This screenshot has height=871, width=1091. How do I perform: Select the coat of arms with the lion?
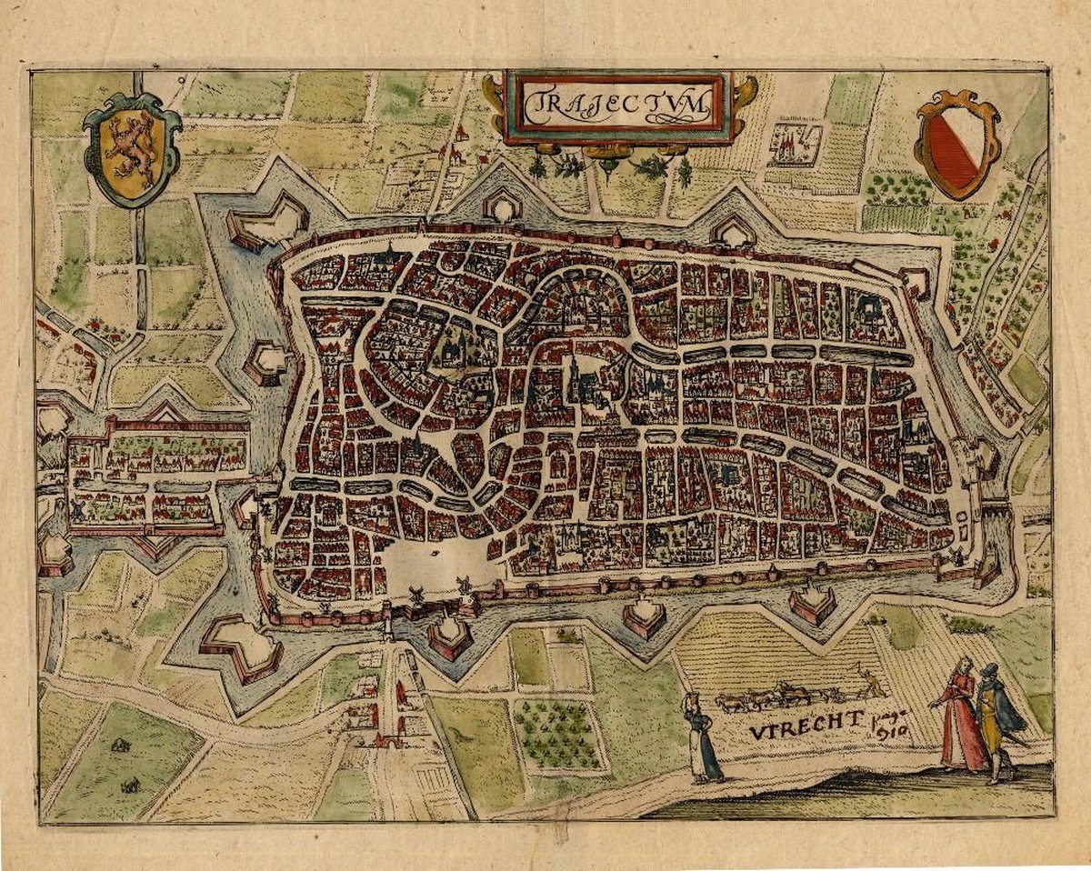132,147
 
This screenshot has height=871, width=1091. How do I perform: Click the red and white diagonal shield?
956,147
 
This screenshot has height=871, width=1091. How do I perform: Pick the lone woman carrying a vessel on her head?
703,738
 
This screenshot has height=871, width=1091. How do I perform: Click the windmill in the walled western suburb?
80,512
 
